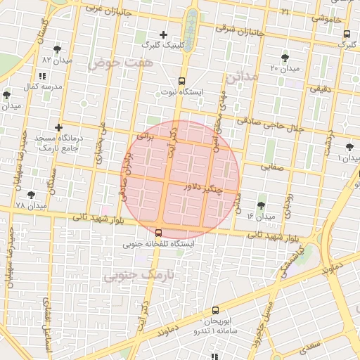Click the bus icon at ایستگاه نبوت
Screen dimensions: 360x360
coord(181,81)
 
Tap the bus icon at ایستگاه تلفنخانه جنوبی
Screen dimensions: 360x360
coord(158,233)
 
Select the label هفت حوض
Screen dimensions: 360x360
coord(120,63)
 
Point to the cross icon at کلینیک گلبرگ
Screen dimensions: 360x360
coord(164,34)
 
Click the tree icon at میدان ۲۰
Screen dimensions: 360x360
coord(284,58)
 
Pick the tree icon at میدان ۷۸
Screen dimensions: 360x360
coord(31,195)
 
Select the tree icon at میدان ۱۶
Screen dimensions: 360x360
coord(262,205)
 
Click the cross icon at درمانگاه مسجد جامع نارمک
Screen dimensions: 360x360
coord(59,127)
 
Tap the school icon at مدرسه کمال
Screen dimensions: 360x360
coord(42,75)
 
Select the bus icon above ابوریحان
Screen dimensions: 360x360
coord(215,309)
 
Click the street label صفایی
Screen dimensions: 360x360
coord(274,167)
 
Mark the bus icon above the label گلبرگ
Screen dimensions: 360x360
coord(347,33)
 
